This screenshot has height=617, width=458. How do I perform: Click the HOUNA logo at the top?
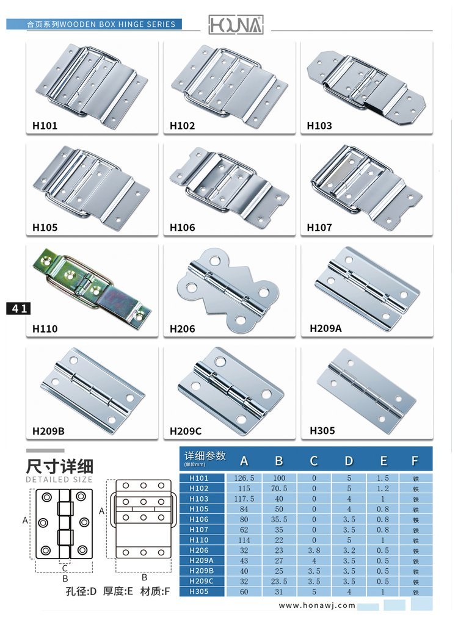pyautogui.click(x=236, y=25)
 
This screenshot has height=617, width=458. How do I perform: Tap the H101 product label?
pyautogui.click(x=45, y=126)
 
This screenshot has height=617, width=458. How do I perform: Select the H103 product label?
pyautogui.click(x=319, y=126)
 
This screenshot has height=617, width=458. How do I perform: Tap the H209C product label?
pyautogui.click(x=186, y=431)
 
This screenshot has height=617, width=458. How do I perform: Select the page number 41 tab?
pyautogui.click(x=18, y=309)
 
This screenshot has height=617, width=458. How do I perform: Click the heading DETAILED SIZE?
pyautogui.click(x=59, y=480)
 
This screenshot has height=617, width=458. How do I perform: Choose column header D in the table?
pyautogui.click(x=349, y=461)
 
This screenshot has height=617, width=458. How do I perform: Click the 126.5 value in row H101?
pyautogui.click(x=244, y=478)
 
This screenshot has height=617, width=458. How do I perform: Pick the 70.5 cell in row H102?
pyautogui.click(x=279, y=488)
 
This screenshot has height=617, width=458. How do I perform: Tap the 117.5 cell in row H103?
pyautogui.click(x=244, y=499)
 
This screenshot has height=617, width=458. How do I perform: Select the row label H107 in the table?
pyautogui.click(x=199, y=530)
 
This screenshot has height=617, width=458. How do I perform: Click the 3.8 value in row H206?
pyautogui.click(x=314, y=550)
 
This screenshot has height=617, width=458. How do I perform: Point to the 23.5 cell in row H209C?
pyautogui.click(x=279, y=581)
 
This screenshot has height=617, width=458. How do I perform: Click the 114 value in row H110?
pyautogui.click(x=244, y=540)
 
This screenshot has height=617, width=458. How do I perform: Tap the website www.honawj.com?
pyautogui.click(x=317, y=605)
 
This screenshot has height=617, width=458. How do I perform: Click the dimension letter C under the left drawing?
pyautogui.click(x=65, y=568)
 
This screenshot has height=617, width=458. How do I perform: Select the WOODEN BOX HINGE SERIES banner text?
pyautogui.click(x=117, y=24)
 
